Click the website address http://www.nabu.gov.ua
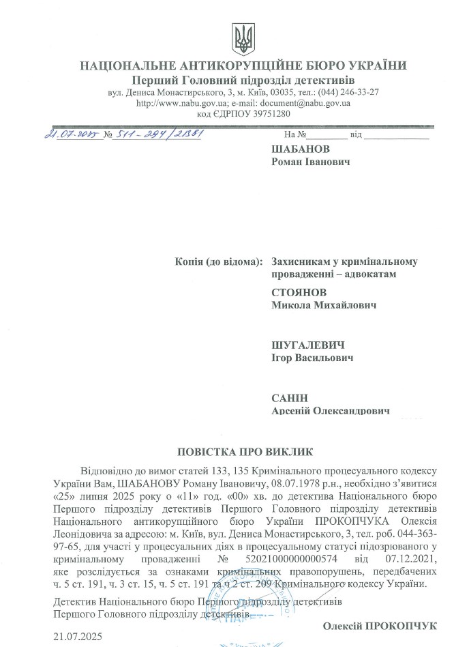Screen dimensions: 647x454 click(x=180, y=103)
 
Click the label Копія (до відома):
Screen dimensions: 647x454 click(x=218, y=261)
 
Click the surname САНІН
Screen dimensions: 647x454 click(x=290, y=398)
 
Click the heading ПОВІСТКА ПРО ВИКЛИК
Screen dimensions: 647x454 click(x=243, y=452)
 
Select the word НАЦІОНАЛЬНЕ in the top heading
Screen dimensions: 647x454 click(x=128, y=66)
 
